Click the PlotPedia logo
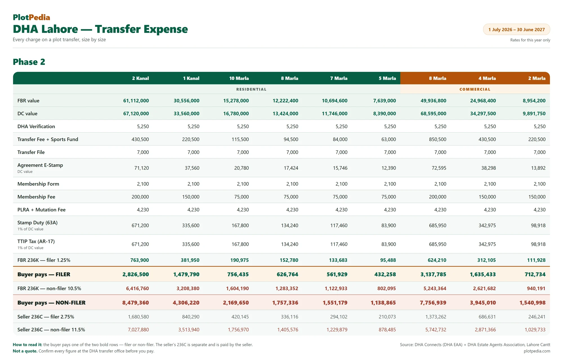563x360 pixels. pyautogui.click(x=31, y=17)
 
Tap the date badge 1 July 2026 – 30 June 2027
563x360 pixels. pyautogui.click(x=517, y=30)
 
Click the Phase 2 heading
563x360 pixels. pyautogui.click(x=29, y=62)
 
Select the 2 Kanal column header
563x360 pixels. pyautogui.click(x=140, y=78)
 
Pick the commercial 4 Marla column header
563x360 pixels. pyautogui.click(x=487, y=78)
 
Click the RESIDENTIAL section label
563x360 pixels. pyautogui.click(x=251, y=89)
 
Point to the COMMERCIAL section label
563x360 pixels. pyautogui.click(x=475, y=89)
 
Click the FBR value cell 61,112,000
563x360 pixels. pyautogui.click(x=136, y=100)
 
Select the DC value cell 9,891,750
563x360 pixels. pyautogui.click(x=534, y=113)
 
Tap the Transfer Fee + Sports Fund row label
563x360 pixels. pyautogui.click(x=48, y=139)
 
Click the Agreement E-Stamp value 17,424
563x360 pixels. pyautogui.click(x=291, y=168)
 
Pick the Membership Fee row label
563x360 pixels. pyautogui.click(x=36, y=197)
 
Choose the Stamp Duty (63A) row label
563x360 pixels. pyautogui.click(x=37, y=223)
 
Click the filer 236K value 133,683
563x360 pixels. pyautogui.click(x=338, y=260)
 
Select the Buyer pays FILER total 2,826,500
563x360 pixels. pyautogui.click(x=136, y=274)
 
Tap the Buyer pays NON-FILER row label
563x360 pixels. pyautogui.click(x=52, y=303)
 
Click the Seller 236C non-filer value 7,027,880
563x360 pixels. pyautogui.click(x=138, y=330)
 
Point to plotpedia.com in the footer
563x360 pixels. pyautogui.click(x=537, y=351)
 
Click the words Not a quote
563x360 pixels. pyautogui.click(x=25, y=351)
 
